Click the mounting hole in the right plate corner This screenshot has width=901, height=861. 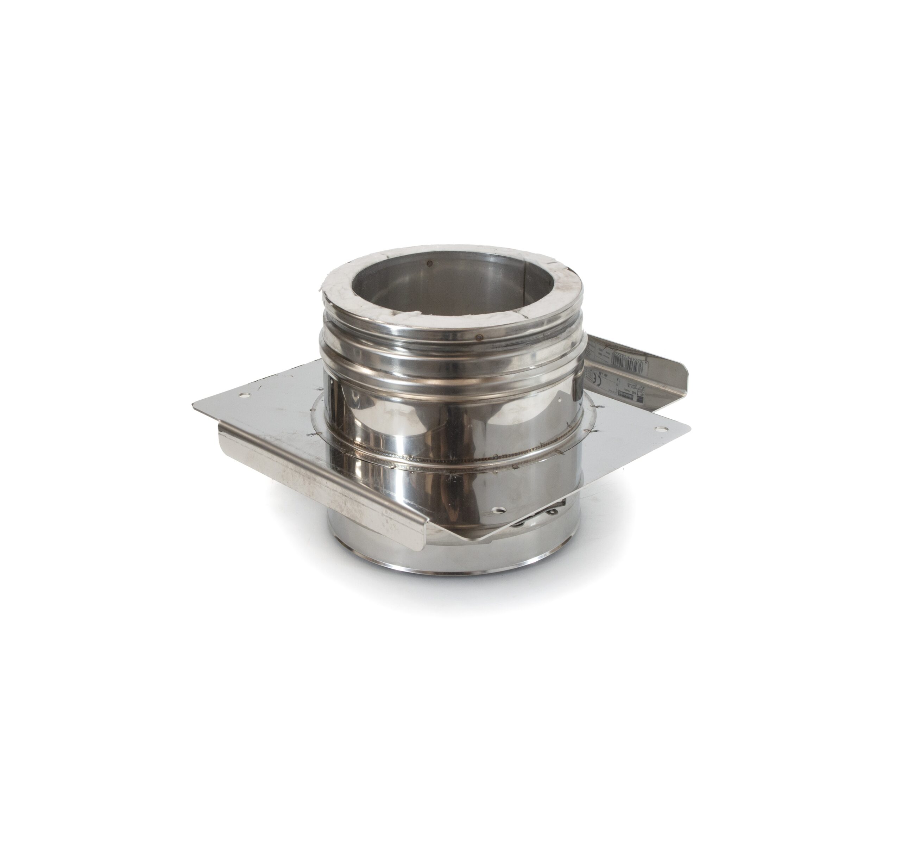(x=661, y=430)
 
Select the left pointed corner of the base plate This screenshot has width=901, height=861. (x=193, y=404)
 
